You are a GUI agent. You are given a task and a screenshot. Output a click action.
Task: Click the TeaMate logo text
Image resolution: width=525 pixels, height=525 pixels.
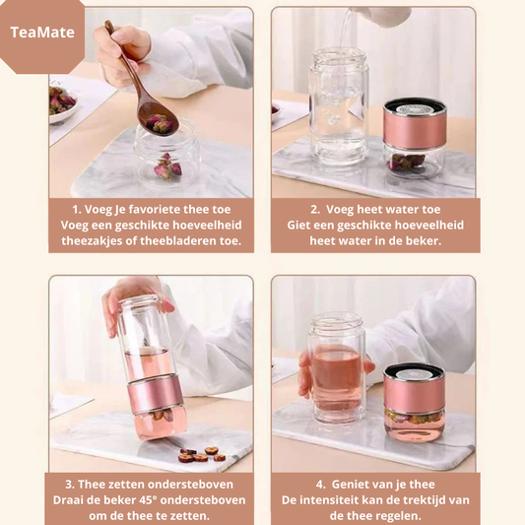point(42,33)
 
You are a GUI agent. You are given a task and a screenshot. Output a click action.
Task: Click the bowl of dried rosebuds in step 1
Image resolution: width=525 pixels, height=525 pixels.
point(62,103)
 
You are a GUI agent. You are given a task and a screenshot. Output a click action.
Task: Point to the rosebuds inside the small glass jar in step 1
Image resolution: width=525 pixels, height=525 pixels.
point(167,166)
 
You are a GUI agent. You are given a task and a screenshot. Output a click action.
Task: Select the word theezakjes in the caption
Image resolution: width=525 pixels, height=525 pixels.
point(89,240)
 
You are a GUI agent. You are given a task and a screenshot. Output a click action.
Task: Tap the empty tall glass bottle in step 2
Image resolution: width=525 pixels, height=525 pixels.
point(338,107)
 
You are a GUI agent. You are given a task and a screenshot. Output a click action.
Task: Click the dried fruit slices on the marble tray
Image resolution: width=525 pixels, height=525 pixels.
point(202,455)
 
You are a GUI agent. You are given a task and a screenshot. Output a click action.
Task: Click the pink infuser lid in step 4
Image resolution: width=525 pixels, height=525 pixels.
point(414,388)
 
